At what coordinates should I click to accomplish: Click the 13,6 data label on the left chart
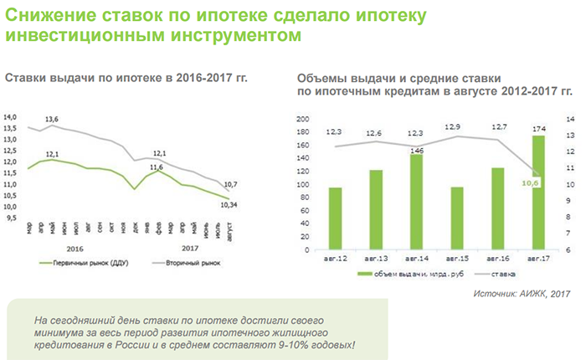[51, 120]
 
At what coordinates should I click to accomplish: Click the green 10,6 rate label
[531, 181]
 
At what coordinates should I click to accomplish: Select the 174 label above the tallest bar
[538, 127]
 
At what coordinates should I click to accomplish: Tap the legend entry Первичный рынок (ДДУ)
[82, 263]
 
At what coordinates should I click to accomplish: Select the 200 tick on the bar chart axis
[304, 119]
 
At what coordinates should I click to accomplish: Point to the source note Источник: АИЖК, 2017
[522, 294]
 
